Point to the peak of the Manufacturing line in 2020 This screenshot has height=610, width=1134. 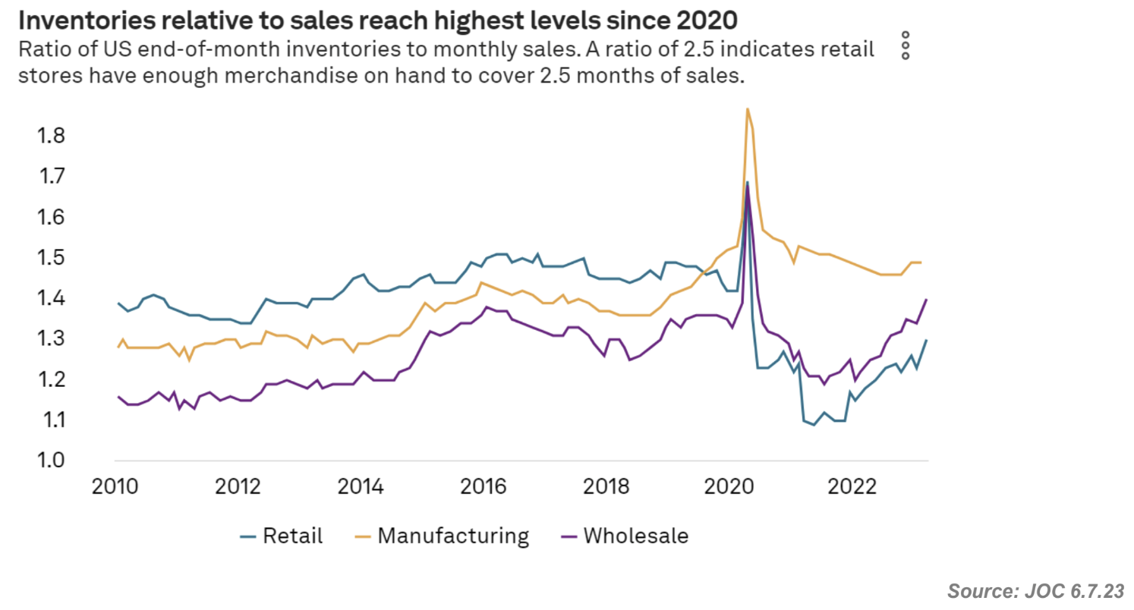click(748, 108)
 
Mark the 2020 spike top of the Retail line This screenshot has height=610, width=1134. click(748, 182)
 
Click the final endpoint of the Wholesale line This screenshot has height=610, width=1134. click(926, 300)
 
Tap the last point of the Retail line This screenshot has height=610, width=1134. click(926, 340)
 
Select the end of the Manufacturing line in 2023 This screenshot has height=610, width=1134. click(921, 263)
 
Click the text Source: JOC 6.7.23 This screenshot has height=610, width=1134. click(1035, 590)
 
